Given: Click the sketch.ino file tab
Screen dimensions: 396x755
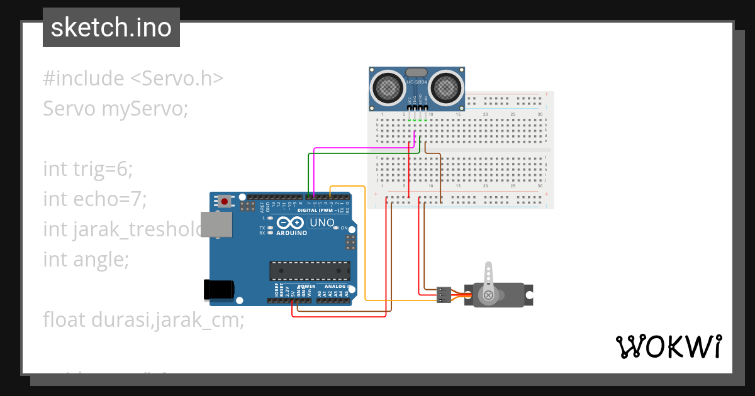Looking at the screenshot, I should [111, 28].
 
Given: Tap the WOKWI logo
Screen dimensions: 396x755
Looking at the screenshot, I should [668, 346].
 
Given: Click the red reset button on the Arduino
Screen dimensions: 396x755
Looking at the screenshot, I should [225, 202].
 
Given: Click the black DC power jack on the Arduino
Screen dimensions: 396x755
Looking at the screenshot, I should [218, 289].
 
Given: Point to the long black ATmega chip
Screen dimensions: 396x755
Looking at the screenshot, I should [310, 270].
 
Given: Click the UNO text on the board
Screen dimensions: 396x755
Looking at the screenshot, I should [322, 223].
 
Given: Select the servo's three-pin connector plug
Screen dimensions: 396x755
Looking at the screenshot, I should [444, 295].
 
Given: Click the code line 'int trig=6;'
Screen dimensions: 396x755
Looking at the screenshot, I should [88, 168].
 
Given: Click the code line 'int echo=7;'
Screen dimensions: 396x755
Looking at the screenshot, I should [94, 199].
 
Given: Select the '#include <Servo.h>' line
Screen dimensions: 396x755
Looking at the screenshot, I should [133, 79].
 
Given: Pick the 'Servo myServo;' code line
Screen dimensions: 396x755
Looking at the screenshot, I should [116, 109].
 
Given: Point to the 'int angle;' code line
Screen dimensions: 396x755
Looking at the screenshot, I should [86, 259].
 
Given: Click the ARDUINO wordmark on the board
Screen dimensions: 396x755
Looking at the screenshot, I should [291, 233].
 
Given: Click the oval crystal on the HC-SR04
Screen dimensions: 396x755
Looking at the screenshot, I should [417, 72].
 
